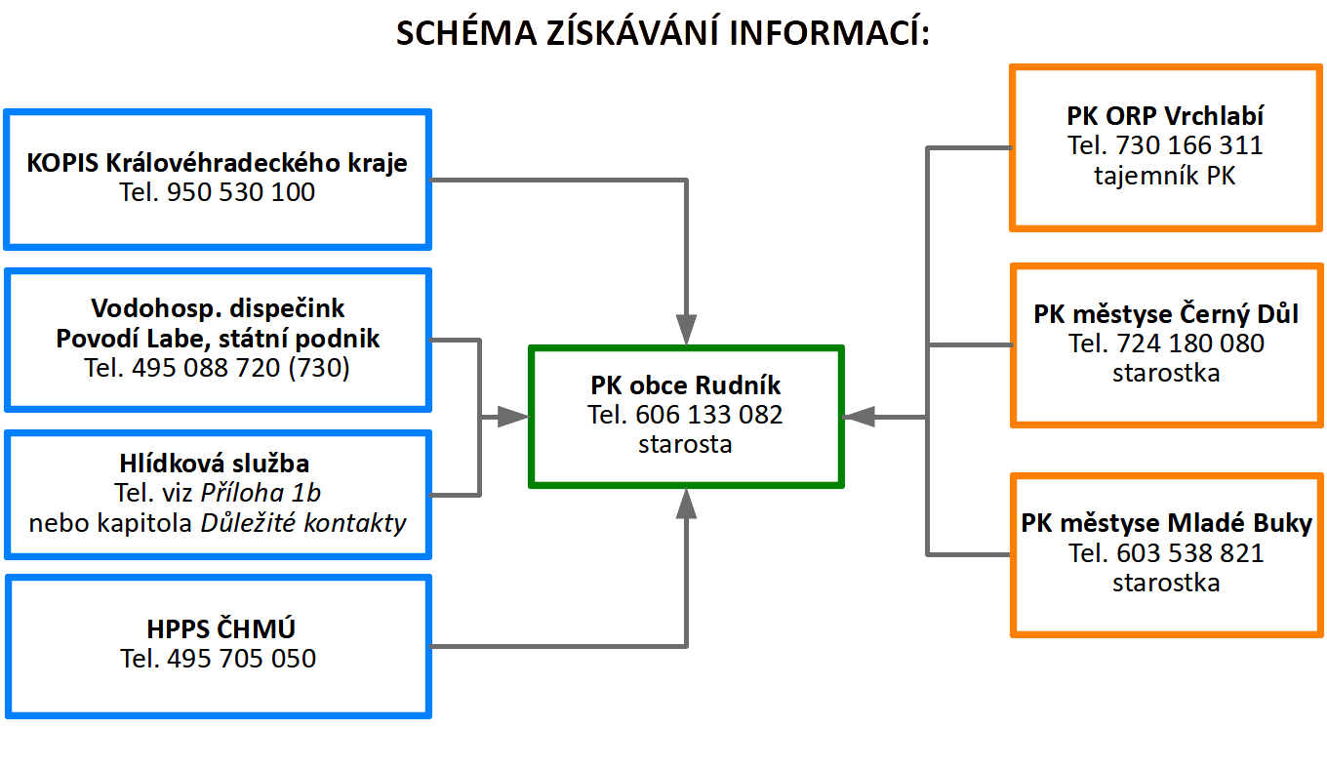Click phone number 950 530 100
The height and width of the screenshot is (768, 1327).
(241, 192)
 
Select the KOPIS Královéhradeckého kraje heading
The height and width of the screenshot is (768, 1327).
(218, 162)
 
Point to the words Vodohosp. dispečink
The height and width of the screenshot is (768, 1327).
(218, 308)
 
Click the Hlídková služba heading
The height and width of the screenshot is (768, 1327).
(218, 463)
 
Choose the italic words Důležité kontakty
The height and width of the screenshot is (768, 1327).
(302, 522)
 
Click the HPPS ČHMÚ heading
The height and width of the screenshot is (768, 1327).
(218, 629)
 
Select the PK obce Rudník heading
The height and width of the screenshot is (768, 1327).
(686, 384)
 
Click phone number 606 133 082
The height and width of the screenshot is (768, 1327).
(708, 415)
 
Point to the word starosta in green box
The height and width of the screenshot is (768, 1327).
(686, 444)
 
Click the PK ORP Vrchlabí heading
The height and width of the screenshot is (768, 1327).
(1165, 116)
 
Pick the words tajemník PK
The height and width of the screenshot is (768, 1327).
(1165, 177)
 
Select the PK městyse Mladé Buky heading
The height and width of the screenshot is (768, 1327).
(1167, 522)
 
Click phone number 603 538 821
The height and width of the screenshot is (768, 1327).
(1188, 553)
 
